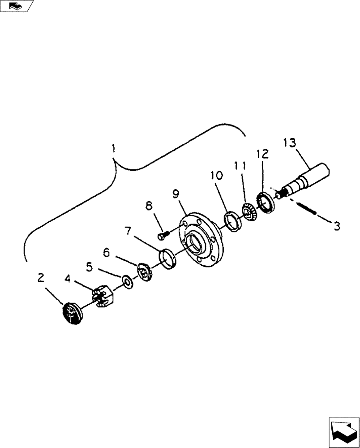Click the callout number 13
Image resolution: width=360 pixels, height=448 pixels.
click(x=290, y=143)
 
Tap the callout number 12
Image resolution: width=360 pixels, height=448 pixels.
click(x=263, y=155)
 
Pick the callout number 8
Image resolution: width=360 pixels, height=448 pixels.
click(x=149, y=206)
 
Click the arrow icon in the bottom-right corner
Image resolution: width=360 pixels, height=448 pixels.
click(x=343, y=432)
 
